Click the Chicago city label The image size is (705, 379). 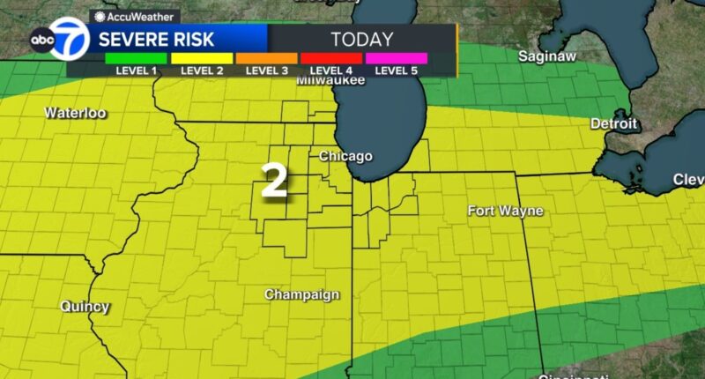pyautogui.click(x=345, y=156)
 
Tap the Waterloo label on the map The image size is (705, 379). pyautogui.click(x=75, y=113)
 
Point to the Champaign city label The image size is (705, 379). pyautogui.click(x=302, y=294)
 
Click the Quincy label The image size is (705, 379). pyautogui.click(x=85, y=307)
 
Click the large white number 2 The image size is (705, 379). pyautogui.click(x=274, y=181)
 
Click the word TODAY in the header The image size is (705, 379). pyautogui.click(x=361, y=39)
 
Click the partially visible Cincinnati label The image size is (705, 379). pyautogui.click(x=569, y=375)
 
